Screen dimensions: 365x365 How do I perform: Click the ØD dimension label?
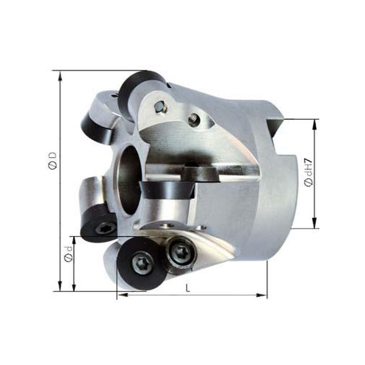click(53, 161)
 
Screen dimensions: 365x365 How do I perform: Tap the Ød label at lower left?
click(68, 255)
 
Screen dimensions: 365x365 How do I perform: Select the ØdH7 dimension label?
click(308, 173)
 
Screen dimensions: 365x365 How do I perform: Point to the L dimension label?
click(188, 288)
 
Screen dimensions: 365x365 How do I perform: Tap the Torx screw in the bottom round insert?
click(142, 264)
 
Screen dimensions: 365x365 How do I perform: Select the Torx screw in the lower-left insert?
click(105, 229)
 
